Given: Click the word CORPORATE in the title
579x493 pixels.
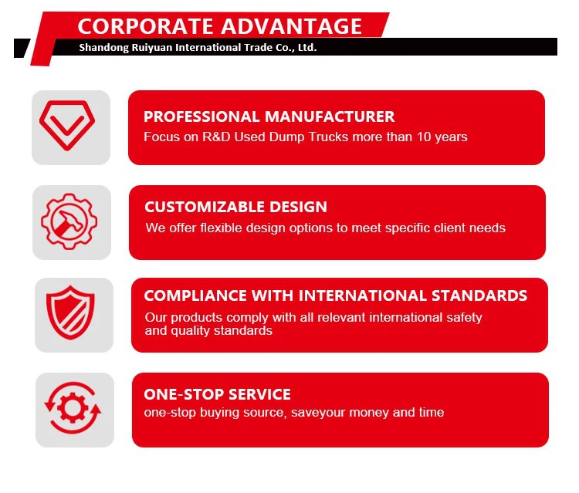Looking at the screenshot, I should (x=144, y=25).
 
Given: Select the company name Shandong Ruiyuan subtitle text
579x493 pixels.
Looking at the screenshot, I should (x=198, y=47).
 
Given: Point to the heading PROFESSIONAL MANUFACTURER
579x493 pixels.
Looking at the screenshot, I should (x=269, y=116).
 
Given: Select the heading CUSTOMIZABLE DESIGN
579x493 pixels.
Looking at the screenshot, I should (x=235, y=207).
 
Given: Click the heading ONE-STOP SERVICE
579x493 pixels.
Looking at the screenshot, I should (x=217, y=394).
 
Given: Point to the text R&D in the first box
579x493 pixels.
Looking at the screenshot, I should (x=221, y=137).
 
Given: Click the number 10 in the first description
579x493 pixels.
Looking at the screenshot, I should (x=424, y=137).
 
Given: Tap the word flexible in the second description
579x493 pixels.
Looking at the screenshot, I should (x=222, y=228).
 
